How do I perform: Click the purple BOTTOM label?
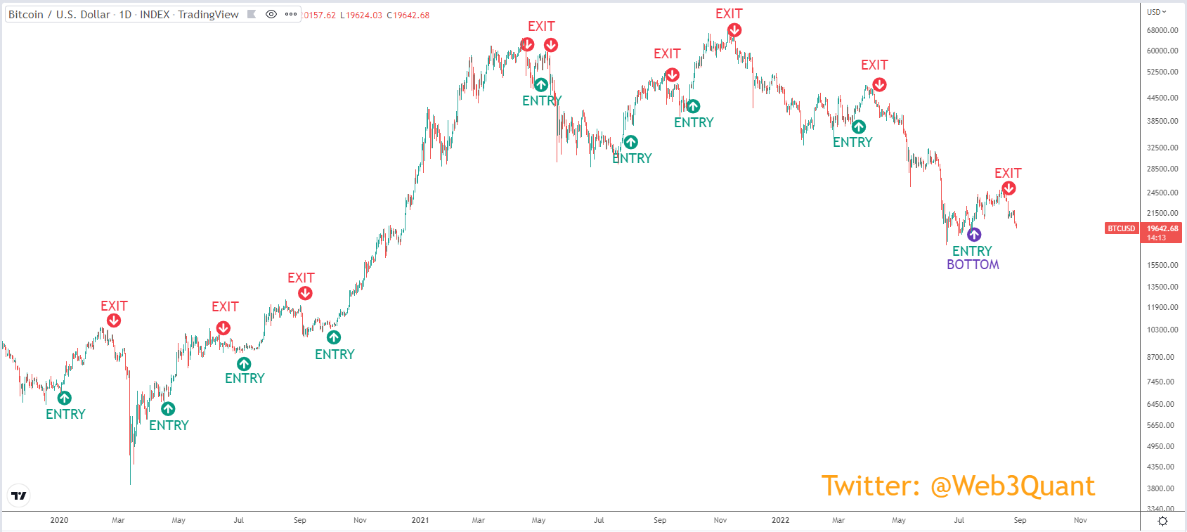click(x=973, y=264)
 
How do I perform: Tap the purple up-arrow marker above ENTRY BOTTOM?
click(x=974, y=234)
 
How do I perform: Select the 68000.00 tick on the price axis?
click(x=1162, y=31)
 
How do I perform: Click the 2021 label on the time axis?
click(x=420, y=520)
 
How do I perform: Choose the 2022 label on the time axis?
click(x=781, y=520)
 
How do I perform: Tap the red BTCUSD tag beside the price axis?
click(x=1122, y=228)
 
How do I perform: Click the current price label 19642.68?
click(x=1162, y=228)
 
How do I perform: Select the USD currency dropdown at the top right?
click(x=1157, y=12)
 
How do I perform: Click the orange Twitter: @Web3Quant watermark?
click(x=958, y=486)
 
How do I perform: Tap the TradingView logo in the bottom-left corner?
click(x=19, y=495)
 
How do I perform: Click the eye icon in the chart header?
click(x=271, y=14)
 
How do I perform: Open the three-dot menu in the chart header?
click(x=291, y=14)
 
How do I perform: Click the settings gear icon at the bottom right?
click(x=1162, y=521)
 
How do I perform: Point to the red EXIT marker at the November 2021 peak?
click(x=734, y=31)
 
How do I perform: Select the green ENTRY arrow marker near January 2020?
click(x=65, y=397)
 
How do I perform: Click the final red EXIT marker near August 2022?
click(x=1008, y=188)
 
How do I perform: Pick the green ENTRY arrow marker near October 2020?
click(x=333, y=337)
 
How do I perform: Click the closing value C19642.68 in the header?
click(x=408, y=15)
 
